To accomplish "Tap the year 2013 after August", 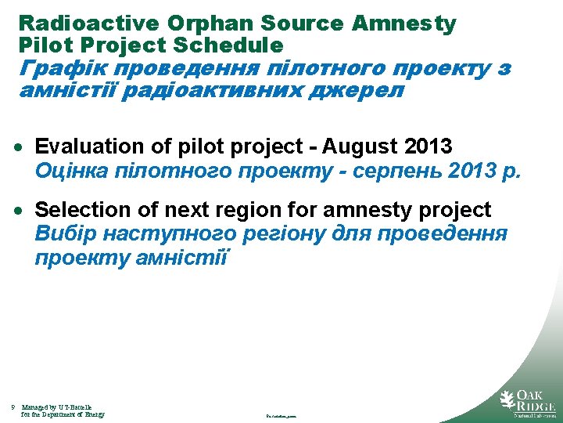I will (429, 146).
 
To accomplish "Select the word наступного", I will (165, 234).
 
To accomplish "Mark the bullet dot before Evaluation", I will (25, 147).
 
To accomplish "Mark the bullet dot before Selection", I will (25, 211).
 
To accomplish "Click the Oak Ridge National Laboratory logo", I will (527, 402).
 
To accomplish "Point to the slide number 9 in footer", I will (13, 407).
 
